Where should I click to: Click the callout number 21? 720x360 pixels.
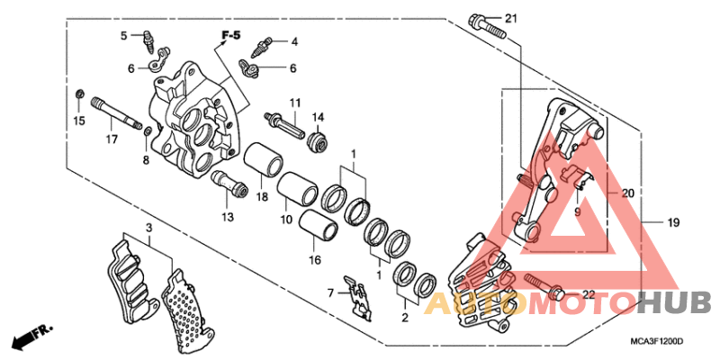[511, 19]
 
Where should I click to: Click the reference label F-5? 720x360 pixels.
[231, 36]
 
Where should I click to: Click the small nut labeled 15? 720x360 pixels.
[80, 95]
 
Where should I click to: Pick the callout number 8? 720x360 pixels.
[144, 160]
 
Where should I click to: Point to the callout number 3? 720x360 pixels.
[149, 230]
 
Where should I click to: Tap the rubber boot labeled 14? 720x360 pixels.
[316, 141]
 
